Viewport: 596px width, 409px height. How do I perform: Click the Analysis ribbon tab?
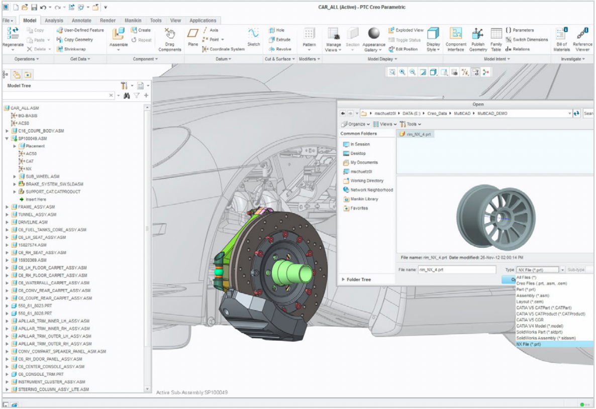pyautogui.click(x=54, y=21)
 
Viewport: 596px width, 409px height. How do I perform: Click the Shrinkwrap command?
pyautogui.click(x=74, y=49)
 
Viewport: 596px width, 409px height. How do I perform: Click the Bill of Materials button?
pyautogui.click(x=562, y=39)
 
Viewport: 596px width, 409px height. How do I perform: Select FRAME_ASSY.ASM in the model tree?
pyautogui.click(x=37, y=207)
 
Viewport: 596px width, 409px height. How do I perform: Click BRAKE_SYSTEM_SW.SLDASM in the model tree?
pyautogui.click(x=51, y=184)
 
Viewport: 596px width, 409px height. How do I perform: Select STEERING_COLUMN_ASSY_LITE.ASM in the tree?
pyautogui.click(x=53, y=389)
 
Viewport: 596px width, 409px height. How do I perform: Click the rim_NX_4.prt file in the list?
pyautogui.click(x=418, y=134)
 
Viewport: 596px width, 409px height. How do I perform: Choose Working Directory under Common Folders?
pyautogui.click(x=367, y=180)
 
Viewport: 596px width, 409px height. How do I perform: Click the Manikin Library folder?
pyautogui.click(x=364, y=199)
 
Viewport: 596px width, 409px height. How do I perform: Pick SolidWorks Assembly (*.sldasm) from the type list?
pyautogui.click(x=546, y=338)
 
